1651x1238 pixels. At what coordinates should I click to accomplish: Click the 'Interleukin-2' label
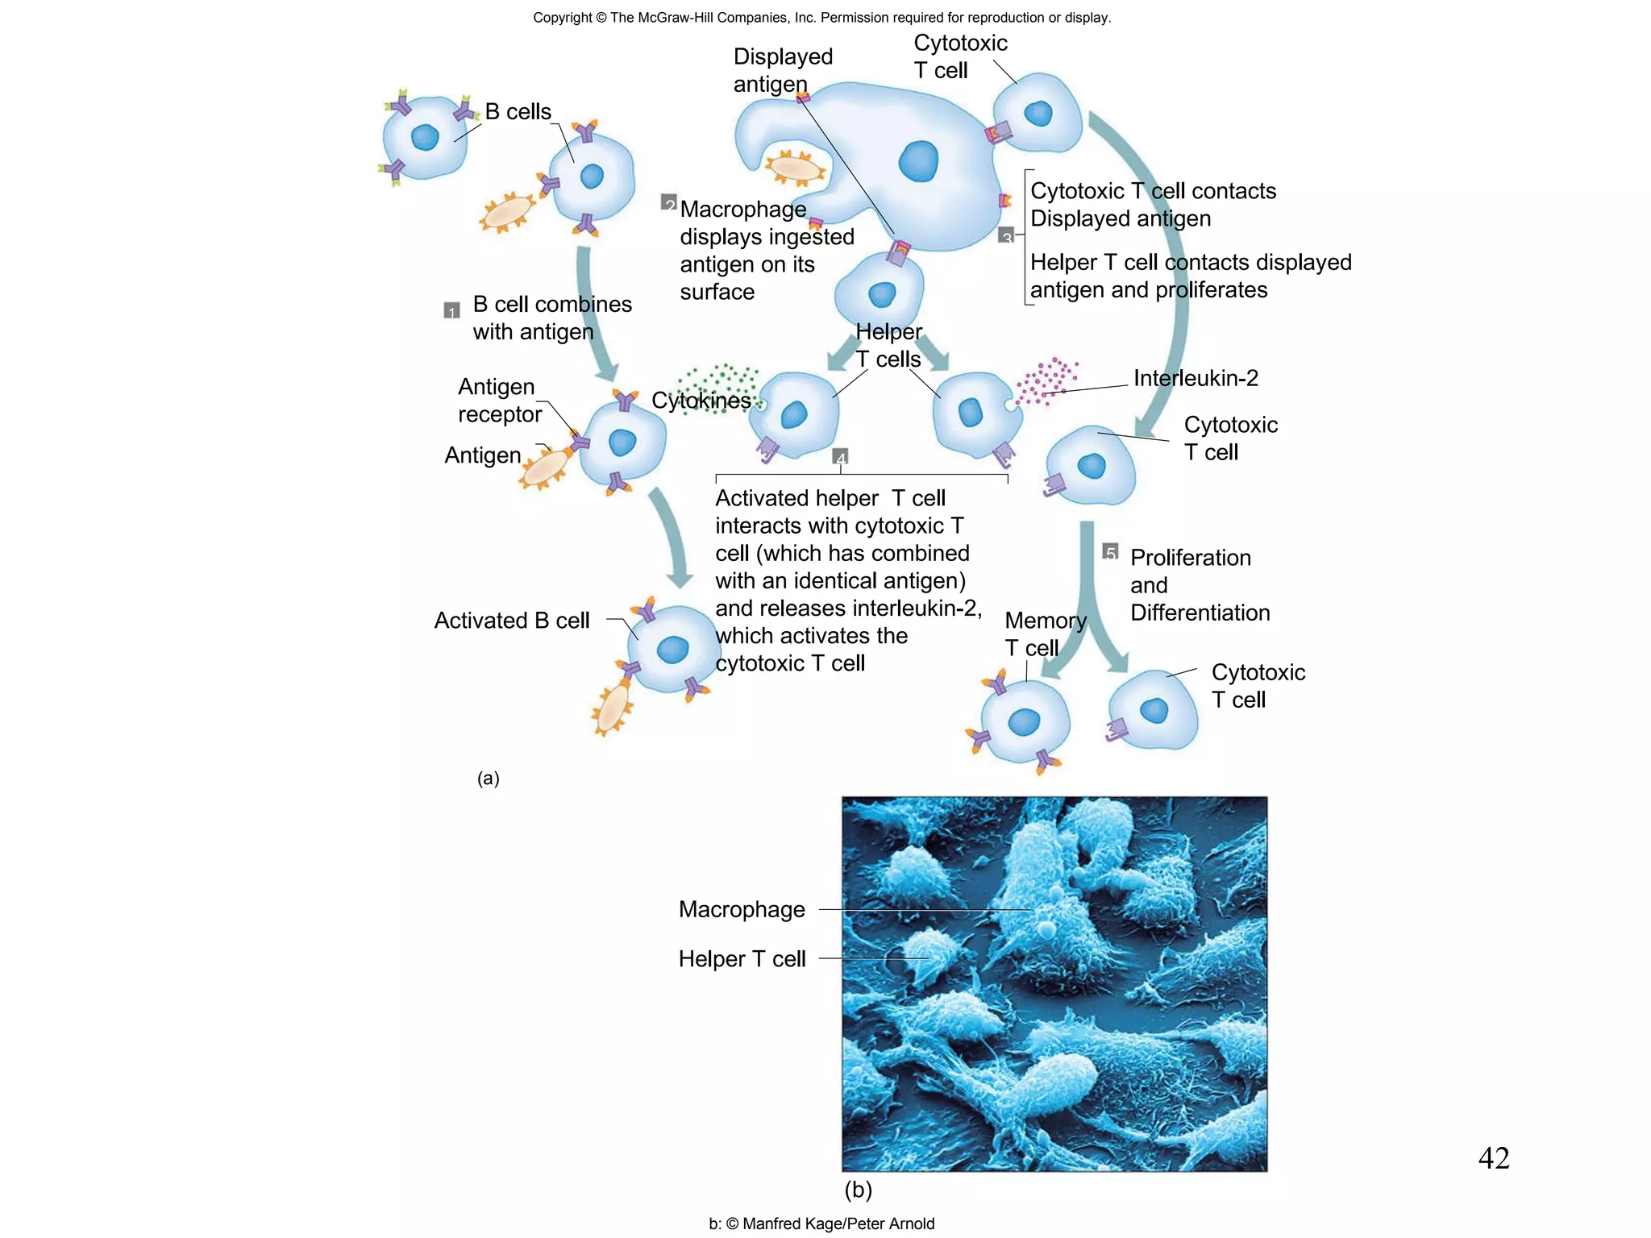click(1195, 378)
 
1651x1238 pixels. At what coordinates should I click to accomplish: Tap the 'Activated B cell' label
click(511, 621)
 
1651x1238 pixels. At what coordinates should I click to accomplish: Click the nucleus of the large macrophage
click(918, 160)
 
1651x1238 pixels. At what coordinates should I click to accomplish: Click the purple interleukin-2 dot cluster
click(1046, 380)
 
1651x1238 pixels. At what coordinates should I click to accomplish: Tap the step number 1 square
click(452, 310)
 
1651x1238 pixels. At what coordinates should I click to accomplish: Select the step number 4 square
click(841, 457)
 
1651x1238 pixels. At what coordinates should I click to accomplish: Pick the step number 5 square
click(1111, 551)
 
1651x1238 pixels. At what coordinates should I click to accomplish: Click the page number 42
click(1493, 1158)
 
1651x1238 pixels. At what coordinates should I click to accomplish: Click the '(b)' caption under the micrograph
click(858, 1190)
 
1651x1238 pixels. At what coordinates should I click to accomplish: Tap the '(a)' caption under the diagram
click(489, 779)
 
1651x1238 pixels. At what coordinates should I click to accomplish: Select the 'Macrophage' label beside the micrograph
click(742, 909)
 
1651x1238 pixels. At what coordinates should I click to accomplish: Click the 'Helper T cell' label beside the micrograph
click(742, 959)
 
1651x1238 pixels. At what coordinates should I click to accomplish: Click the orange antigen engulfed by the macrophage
click(795, 168)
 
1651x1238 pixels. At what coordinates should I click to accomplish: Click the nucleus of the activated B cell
click(672, 650)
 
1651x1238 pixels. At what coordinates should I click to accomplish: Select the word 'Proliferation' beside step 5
click(1190, 558)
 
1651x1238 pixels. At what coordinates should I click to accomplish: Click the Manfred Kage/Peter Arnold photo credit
click(821, 1223)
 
